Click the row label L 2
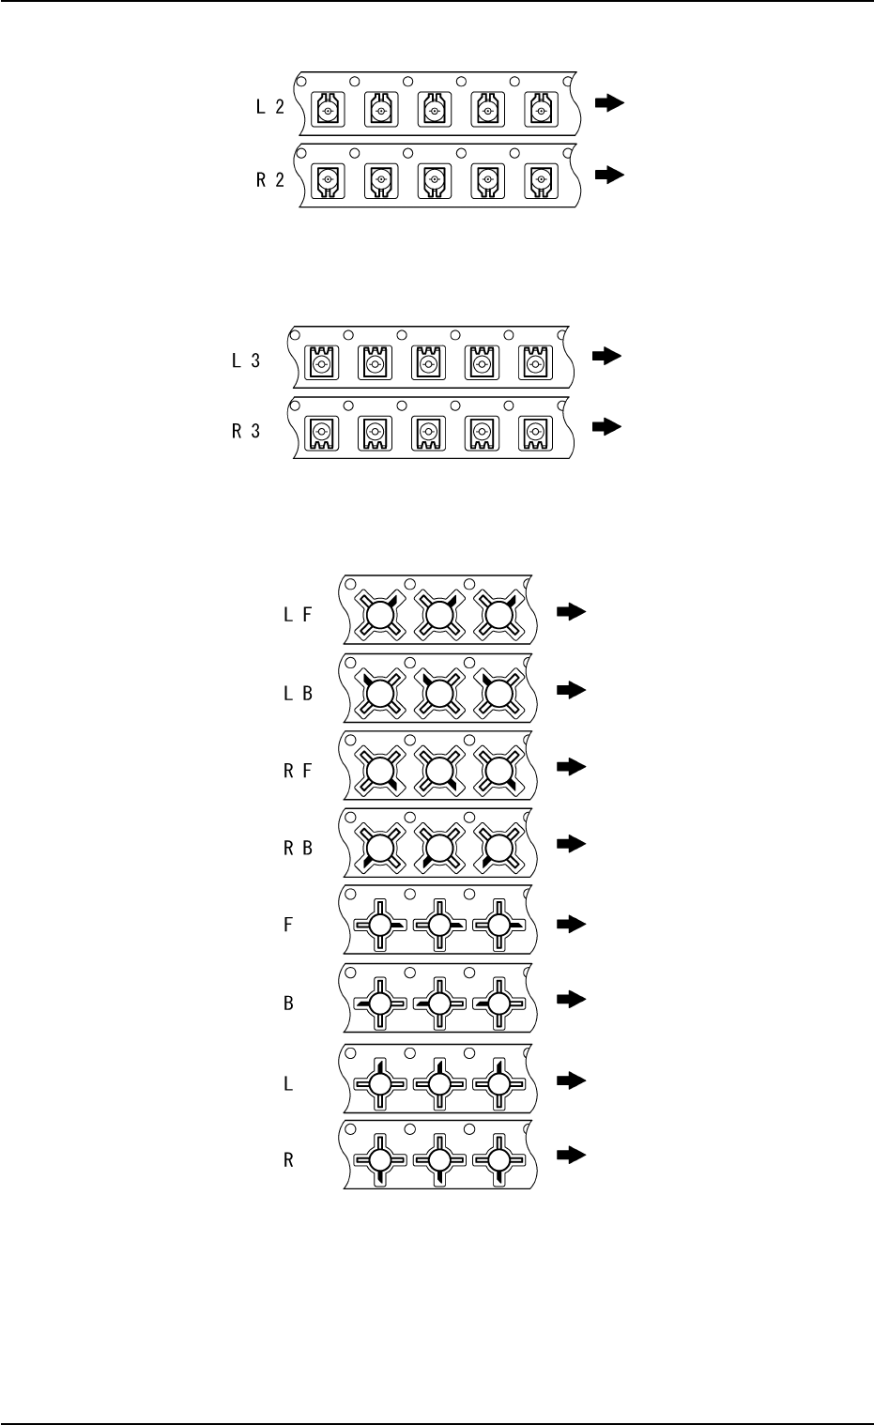[x=269, y=108]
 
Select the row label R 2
[x=269, y=181]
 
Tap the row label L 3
[x=246, y=360]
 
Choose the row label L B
[x=299, y=695]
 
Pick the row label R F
[x=299, y=772]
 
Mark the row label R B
[x=299, y=848]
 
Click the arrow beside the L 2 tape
[x=610, y=104]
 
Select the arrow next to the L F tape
[x=571, y=612]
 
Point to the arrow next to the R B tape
[x=571, y=843]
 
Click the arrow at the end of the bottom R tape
[x=571, y=1155]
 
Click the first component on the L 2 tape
[x=328, y=111]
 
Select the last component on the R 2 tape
[x=540, y=177]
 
